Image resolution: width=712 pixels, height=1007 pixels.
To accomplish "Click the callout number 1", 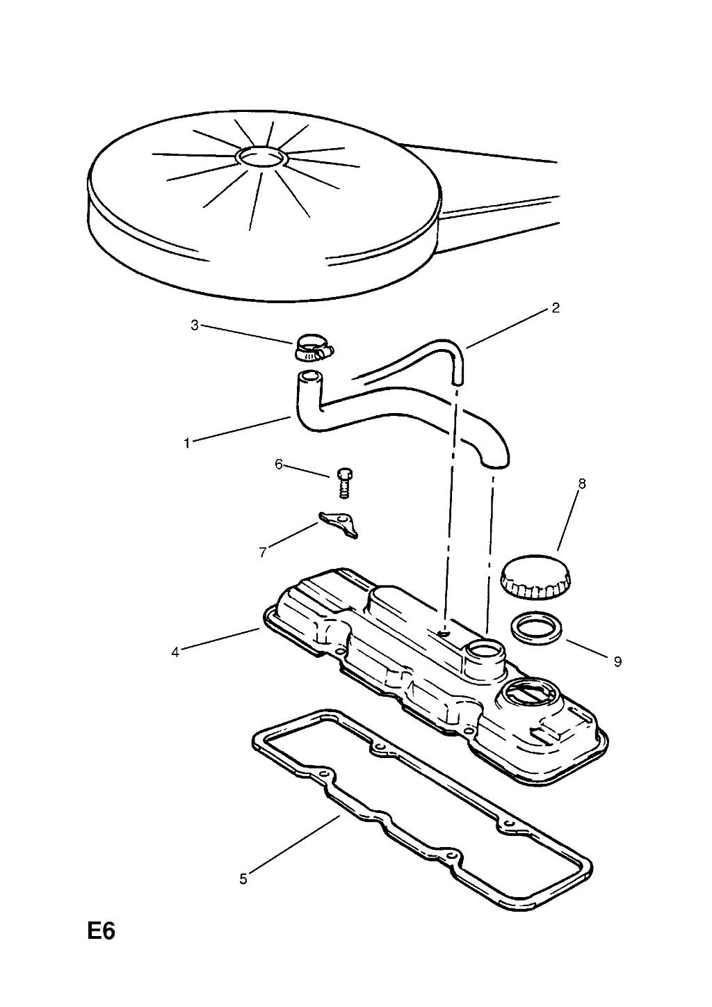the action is coord(186,443).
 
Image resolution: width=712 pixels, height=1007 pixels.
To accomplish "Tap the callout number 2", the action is coord(555,308).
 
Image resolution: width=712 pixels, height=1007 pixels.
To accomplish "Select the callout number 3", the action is coord(194,325).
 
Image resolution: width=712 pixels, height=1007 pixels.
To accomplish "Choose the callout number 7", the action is coord(263,552).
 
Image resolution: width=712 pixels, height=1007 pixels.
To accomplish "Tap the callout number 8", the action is coord(582,484).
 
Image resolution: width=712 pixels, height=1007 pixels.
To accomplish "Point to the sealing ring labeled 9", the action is coord(536,627).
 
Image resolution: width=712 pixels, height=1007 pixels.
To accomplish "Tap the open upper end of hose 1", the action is coord(308,376).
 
